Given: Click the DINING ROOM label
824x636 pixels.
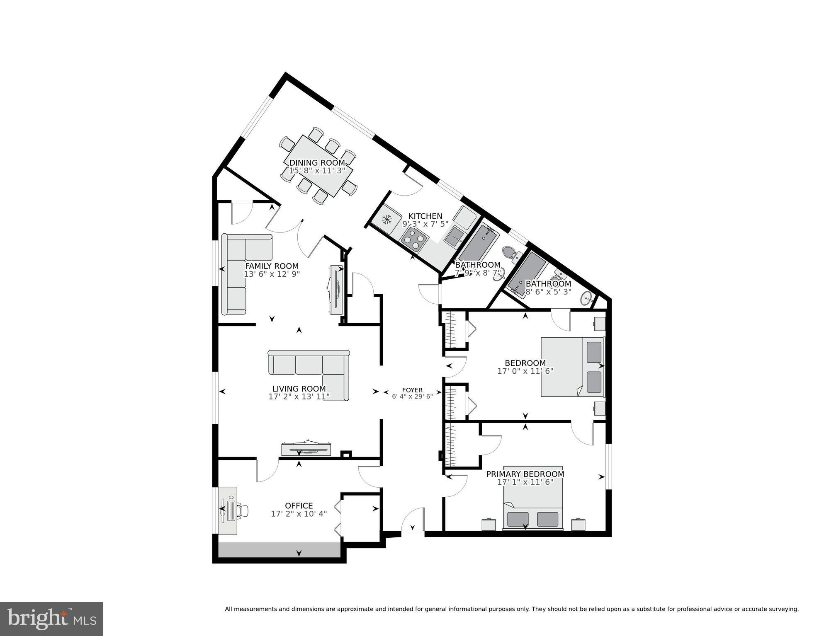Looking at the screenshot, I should coord(317,163).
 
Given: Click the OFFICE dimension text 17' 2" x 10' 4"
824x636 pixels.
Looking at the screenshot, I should coord(299,514).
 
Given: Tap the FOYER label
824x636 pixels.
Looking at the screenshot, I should coord(412,390).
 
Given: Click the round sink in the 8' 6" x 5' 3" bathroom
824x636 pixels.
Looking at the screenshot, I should coord(586,297).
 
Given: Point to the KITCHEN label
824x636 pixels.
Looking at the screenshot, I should coord(425,216).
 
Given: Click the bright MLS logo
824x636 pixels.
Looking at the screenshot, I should coord(51,619).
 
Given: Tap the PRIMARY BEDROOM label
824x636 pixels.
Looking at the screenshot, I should coord(525,474).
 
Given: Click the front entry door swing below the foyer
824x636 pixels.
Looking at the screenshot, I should coord(413,521).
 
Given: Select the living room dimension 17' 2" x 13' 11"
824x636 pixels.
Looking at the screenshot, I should coord(299,397).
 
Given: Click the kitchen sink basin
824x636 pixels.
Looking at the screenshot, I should coord(455,237).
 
